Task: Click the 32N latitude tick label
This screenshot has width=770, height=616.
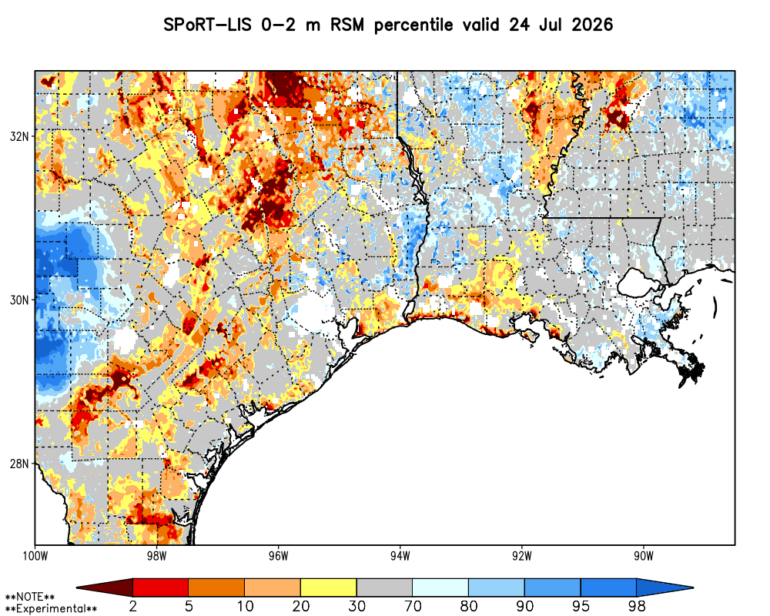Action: pyautogui.click(x=19, y=136)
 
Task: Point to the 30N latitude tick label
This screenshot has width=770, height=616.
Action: pyautogui.click(x=19, y=300)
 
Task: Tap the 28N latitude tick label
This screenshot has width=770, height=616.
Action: pyautogui.click(x=19, y=464)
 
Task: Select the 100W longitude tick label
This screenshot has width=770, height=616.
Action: pyautogui.click(x=35, y=556)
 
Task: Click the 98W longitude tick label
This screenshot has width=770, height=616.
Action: pyautogui.click(x=156, y=556)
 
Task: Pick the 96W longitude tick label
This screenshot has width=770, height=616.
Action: pyautogui.click(x=279, y=556)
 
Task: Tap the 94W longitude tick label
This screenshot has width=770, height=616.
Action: pyautogui.click(x=400, y=556)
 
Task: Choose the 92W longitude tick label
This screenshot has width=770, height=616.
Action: pyautogui.click(x=522, y=556)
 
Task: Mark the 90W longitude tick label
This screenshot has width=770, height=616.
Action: pyautogui.click(x=644, y=556)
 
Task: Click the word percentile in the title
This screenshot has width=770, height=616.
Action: pyautogui.click(x=413, y=25)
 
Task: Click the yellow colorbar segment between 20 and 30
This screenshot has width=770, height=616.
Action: pyautogui.click(x=329, y=588)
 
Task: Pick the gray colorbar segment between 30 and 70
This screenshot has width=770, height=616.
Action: pyautogui.click(x=384, y=588)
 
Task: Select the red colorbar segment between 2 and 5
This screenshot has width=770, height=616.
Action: pyautogui.click(x=161, y=588)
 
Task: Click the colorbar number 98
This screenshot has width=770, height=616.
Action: pyautogui.click(x=637, y=606)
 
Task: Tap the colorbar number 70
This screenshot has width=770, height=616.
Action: pyautogui.click(x=413, y=606)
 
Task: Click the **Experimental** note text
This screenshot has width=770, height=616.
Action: pyautogui.click(x=51, y=609)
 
